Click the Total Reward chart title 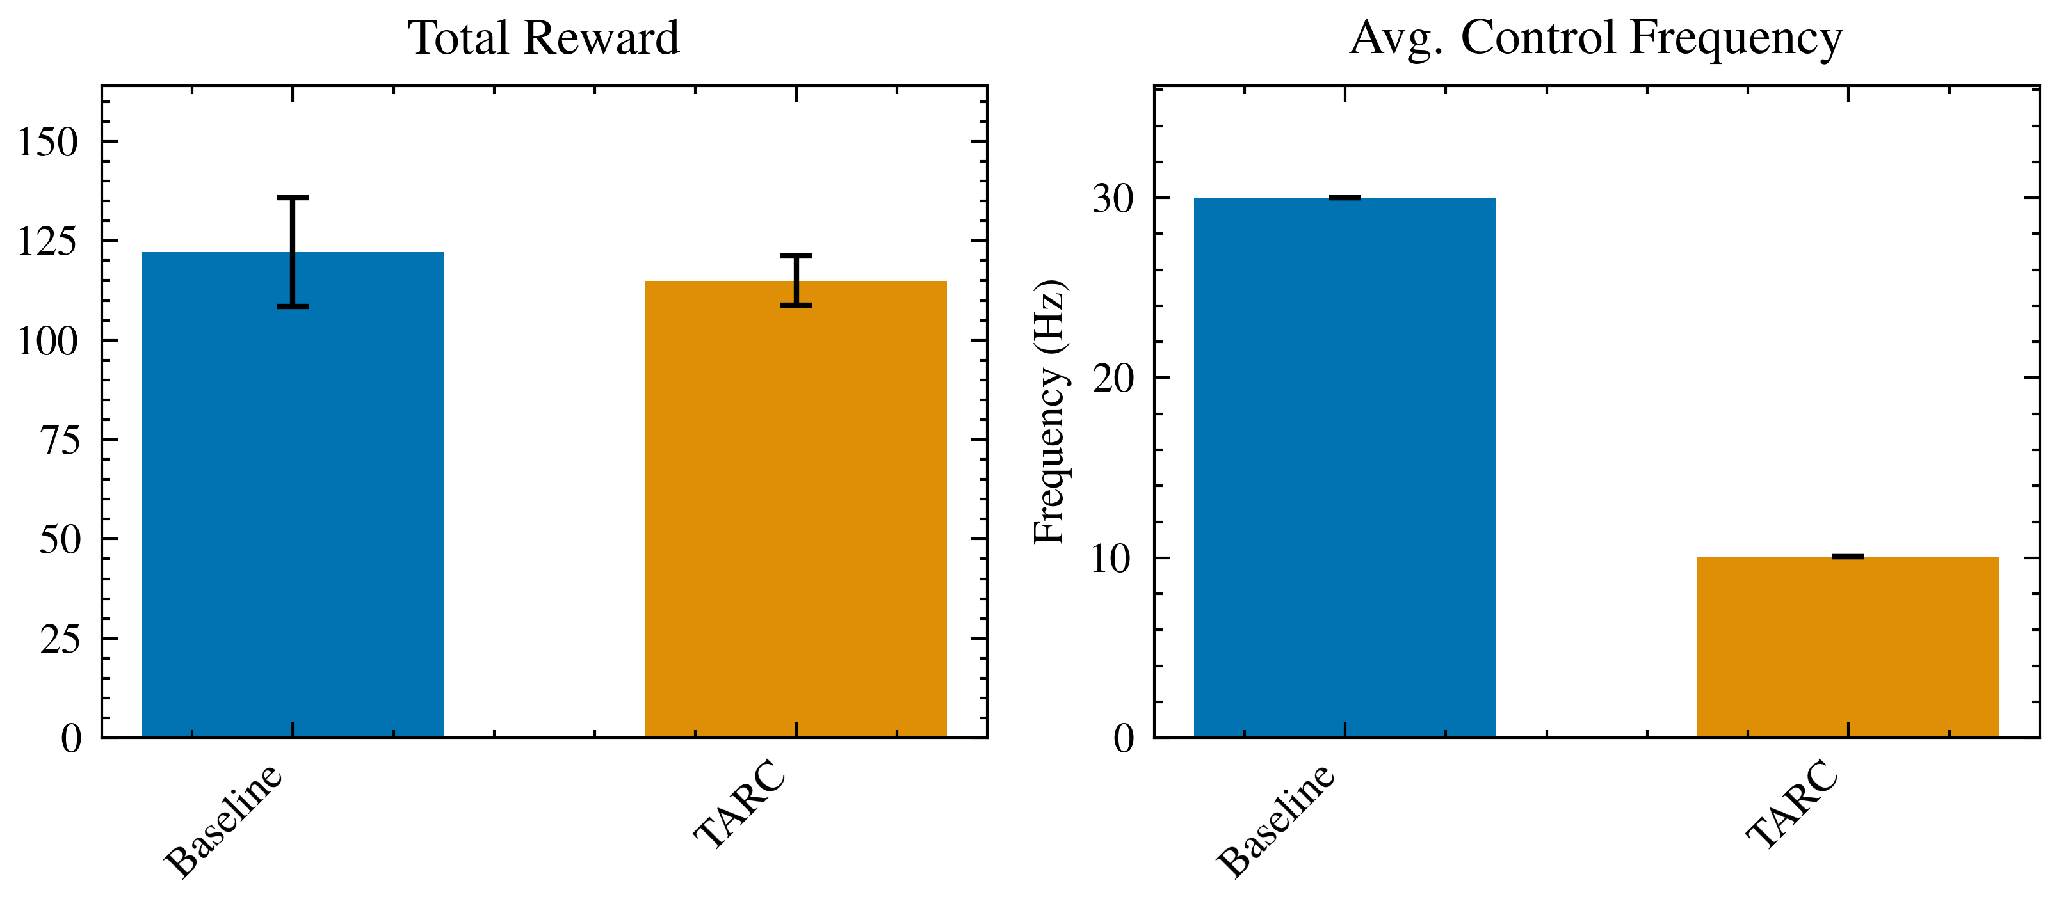coord(544,38)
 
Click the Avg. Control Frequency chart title coord(1595,38)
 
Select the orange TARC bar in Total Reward coord(795,520)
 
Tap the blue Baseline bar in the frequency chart coord(1344,479)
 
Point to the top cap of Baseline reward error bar coord(293,197)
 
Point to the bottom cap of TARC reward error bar coord(796,305)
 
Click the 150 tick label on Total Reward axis coord(48,143)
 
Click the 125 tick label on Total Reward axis coord(48,242)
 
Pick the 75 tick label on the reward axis coord(60,441)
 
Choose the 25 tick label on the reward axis coord(60,640)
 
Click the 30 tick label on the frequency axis coord(1113,199)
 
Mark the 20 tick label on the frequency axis coord(1113,379)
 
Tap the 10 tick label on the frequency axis coord(1113,559)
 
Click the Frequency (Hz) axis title coord(1050,412)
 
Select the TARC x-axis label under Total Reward coord(740,803)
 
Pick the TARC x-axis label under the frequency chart coord(1793,803)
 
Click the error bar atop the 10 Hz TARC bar coord(1848,557)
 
